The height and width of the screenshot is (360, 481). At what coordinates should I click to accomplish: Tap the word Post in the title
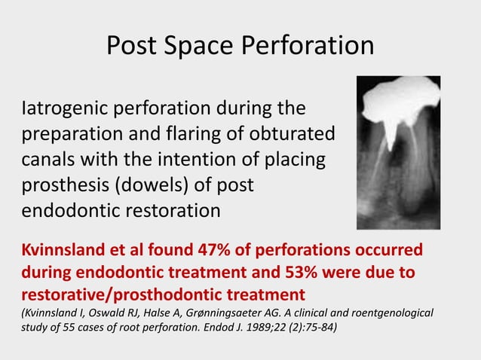tap(132, 46)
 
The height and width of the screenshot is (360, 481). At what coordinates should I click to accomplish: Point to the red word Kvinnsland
tap(63, 249)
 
